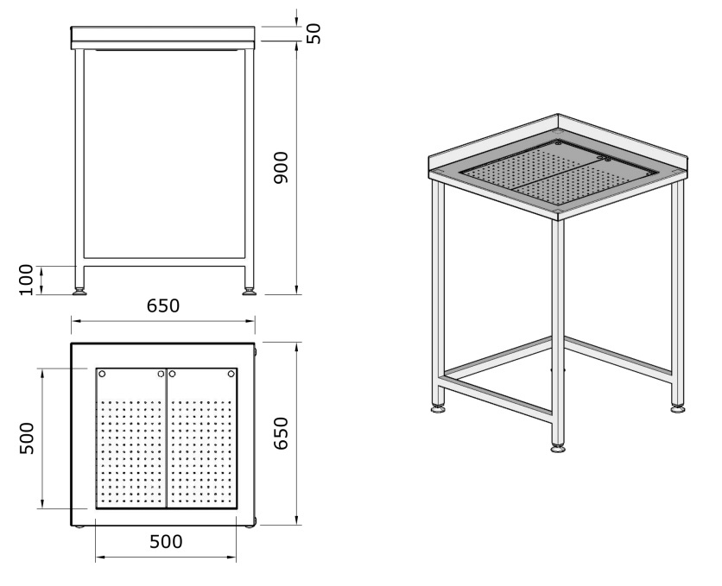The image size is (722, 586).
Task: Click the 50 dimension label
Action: [314, 33]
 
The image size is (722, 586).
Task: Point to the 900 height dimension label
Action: [281, 167]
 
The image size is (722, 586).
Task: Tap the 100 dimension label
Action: [26, 280]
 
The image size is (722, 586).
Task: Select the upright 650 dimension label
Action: [163, 306]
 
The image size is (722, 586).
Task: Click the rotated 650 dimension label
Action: [281, 433]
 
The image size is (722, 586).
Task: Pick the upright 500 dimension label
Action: [166, 542]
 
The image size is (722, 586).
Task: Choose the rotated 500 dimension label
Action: [27, 438]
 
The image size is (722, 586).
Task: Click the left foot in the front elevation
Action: [79, 292]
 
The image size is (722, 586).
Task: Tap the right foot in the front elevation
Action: [249, 292]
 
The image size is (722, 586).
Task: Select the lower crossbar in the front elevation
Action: [164, 261]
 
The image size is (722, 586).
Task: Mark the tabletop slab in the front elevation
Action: [163, 37]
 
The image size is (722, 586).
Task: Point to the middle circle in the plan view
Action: [161, 374]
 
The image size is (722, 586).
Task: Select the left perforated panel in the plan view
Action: [130, 438]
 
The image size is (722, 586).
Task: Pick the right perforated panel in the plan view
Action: [202, 438]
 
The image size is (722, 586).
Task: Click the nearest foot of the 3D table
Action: [558, 448]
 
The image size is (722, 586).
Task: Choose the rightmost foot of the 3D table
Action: [677, 407]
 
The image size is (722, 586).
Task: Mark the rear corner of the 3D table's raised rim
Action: [558, 114]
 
